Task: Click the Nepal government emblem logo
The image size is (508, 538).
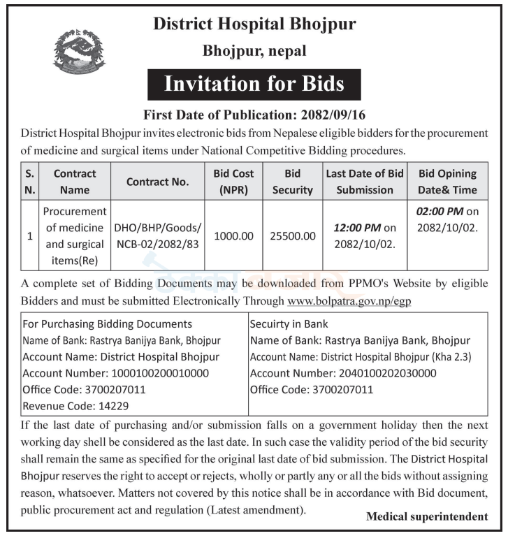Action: [79, 52]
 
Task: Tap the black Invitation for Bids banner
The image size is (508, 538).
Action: [254, 85]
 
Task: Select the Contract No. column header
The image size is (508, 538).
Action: [157, 182]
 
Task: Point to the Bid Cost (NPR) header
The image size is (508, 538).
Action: [233, 182]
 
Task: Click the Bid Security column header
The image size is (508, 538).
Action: [293, 182]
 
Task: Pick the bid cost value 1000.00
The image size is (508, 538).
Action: [233, 236]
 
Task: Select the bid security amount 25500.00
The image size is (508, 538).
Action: [293, 236]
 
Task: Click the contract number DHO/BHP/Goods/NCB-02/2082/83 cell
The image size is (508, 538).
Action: [157, 236]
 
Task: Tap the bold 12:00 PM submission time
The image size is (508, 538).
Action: [356, 228]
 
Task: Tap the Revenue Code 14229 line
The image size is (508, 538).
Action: [75, 405]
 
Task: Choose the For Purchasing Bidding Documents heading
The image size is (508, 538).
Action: [107, 323]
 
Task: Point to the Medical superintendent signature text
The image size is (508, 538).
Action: [427, 517]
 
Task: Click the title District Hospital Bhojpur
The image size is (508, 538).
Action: [254, 24]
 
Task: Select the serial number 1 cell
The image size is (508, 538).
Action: [29, 236]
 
